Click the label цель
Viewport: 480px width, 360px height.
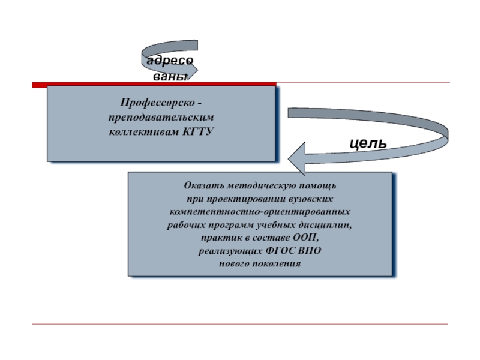(368, 143)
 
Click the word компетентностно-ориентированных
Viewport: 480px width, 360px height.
(260, 211)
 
